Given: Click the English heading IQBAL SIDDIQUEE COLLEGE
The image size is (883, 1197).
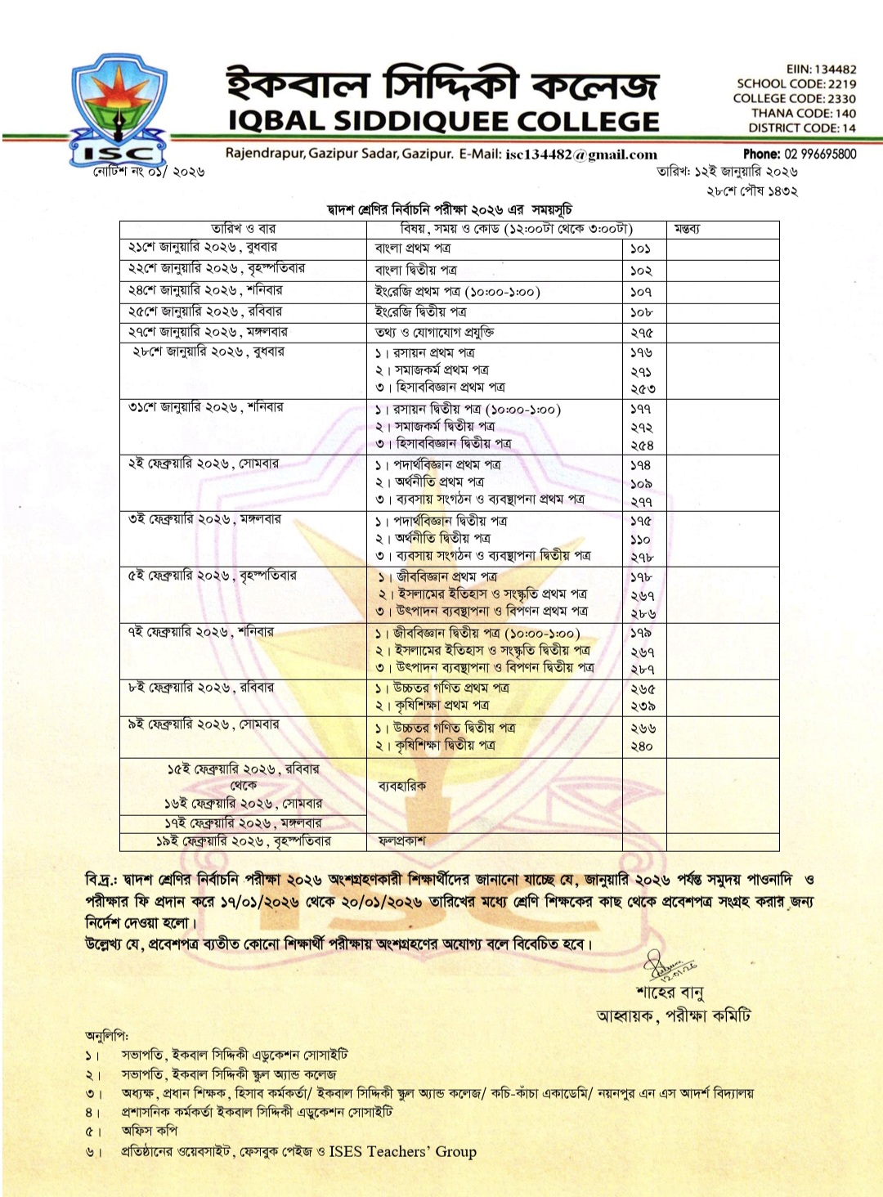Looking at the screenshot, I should pyautogui.click(x=443, y=122).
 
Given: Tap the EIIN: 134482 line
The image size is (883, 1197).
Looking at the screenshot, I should pyautogui.click(x=821, y=69).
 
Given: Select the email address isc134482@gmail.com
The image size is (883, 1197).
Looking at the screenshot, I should pyautogui.click(x=581, y=155).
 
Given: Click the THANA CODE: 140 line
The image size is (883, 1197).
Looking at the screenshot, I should pyautogui.click(x=803, y=114).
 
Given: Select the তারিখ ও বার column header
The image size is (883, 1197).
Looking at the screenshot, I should pyautogui.click(x=243, y=229).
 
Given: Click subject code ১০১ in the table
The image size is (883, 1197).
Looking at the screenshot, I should pyautogui.click(x=640, y=249).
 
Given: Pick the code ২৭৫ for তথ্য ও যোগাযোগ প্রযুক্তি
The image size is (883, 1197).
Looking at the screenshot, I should pyautogui.click(x=642, y=333).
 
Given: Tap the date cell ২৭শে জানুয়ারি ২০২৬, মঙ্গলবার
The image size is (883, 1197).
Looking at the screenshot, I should pyautogui.click(x=208, y=332).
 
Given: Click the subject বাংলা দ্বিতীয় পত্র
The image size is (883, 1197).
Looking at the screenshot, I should pyautogui.click(x=415, y=270).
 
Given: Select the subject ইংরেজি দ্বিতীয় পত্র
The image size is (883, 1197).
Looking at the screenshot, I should pyautogui.click(x=420, y=312).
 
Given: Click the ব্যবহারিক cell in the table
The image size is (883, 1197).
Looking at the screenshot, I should pyautogui.click(x=401, y=786).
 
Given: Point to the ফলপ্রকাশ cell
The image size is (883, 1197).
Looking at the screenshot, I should pyautogui.click(x=401, y=841).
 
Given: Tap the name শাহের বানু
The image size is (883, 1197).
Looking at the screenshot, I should pyautogui.click(x=670, y=993).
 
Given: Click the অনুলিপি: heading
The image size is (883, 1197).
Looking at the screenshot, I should pyautogui.click(x=106, y=1035).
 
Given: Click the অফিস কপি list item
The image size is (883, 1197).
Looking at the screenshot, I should pyautogui.click(x=150, y=1131).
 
